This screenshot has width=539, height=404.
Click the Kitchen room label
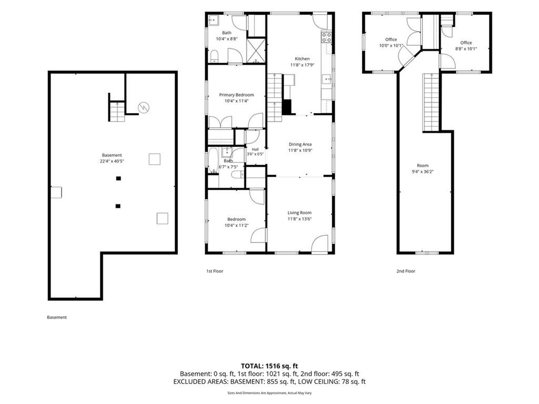(x=302, y=59)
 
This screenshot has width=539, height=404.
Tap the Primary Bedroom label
(x=236, y=95)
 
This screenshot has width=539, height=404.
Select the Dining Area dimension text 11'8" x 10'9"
(x=300, y=150)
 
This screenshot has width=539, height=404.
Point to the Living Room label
(x=300, y=213)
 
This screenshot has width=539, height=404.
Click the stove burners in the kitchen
(x=326, y=37)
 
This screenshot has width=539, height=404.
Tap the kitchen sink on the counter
(x=326, y=79)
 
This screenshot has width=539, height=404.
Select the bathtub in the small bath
(x=213, y=160)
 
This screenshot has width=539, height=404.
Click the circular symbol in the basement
(x=143, y=107)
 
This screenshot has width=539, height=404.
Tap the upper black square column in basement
(x=118, y=178)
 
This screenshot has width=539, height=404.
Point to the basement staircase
(x=117, y=112)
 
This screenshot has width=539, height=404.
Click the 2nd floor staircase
(x=431, y=102)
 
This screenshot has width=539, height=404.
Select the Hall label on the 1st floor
(x=255, y=149)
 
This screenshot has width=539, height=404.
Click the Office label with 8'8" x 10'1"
(x=466, y=43)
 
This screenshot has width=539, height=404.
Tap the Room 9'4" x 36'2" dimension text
(x=423, y=172)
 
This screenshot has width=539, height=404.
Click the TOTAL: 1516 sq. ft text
(x=267, y=366)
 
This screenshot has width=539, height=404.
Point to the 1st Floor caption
(x=215, y=271)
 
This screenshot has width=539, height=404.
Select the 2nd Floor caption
(x=406, y=271)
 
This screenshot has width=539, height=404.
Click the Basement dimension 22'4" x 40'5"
(x=112, y=161)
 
